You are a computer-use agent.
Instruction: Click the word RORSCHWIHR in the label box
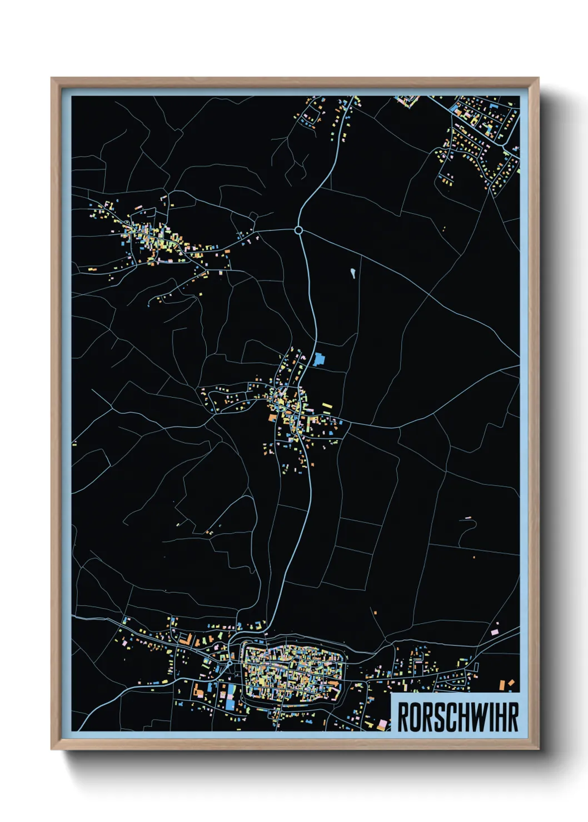tap(457, 717)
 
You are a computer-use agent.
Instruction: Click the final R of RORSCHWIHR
tap(514, 717)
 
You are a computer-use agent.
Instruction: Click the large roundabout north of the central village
tap(298, 230)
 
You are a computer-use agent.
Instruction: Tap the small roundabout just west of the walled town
tap(229, 663)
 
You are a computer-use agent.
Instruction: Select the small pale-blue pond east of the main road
tap(352, 273)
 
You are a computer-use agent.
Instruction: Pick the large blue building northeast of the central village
tap(318, 359)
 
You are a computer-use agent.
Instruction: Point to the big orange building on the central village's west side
tap(272, 417)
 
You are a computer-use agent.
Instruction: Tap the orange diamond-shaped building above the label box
tap(511, 683)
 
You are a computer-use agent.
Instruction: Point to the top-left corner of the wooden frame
tap(52, 78)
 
